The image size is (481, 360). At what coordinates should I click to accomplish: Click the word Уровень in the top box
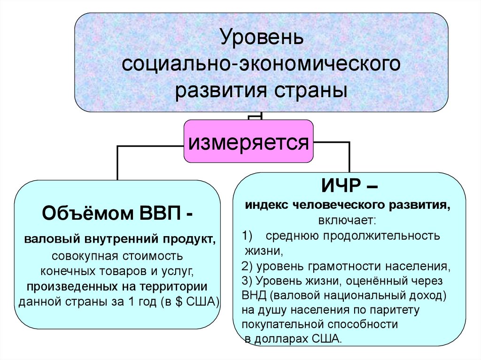coord(262,38)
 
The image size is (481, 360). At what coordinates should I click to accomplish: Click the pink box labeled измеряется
coord(248,141)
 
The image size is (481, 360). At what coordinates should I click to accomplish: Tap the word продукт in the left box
coord(190,240)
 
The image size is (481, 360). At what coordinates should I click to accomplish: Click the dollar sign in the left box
coord(176,301)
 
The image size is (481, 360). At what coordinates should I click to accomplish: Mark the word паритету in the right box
coord(392,310)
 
